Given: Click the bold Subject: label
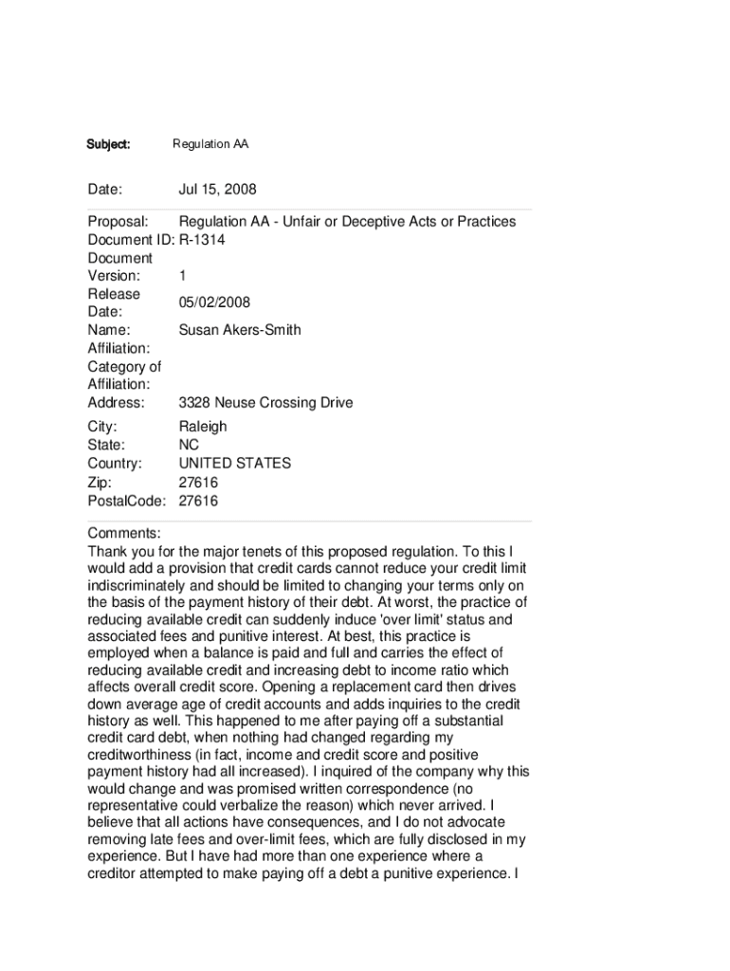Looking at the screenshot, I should point(108,145).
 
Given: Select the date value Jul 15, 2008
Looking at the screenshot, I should point(217,190).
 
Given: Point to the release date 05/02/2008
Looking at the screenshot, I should point(214,302).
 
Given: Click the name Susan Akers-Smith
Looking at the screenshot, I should point(240,330).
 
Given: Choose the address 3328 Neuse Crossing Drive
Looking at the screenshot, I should point(265,403).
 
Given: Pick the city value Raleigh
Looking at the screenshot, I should point(203,427).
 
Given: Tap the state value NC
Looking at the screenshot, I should point(189,445).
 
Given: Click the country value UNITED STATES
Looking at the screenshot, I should point(235,464).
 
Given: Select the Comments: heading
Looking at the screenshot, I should point(124,533).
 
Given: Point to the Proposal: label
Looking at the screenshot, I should point(118,222).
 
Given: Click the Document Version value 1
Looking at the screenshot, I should point(182,276).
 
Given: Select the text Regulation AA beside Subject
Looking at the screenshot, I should point(210,145).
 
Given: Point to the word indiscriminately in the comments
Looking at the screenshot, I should point(148,587).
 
